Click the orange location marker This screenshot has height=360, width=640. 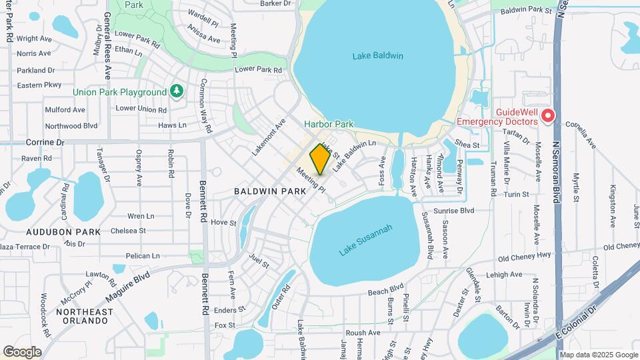tap(320, 159)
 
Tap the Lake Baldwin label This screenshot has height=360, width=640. tap(378, 56)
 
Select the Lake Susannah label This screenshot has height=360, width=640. tap(366, 240)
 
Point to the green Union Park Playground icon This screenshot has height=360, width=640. tap(177, 91)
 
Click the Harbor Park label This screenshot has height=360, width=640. tap(329, 124)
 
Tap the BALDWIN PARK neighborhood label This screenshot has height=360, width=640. tap(270, 191)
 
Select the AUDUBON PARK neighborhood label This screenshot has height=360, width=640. tap(63, 232)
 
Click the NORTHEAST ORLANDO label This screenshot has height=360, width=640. tap(82, 316)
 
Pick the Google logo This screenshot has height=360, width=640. tap(22, 352)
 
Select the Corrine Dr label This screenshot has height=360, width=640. tap(45, 143)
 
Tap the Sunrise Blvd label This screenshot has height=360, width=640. tap(453, 211)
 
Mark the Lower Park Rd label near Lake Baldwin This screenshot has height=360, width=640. tap(259, 69)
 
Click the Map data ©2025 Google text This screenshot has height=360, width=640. tap(598, 355)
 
